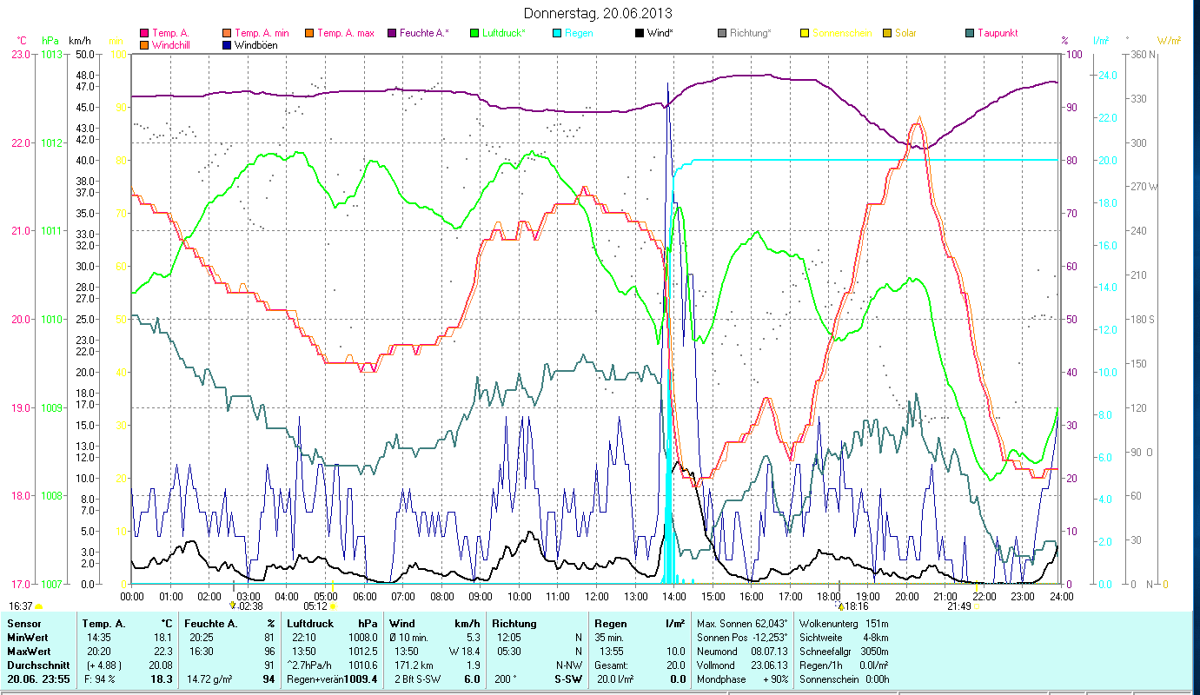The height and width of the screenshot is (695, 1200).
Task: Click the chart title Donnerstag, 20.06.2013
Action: pyautogui.click(x=599, y=13)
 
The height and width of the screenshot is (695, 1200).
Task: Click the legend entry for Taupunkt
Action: pyautogui.click(x=997, y=33)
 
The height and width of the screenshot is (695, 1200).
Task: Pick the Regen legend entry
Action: pyautogui.click(x=579, y=33)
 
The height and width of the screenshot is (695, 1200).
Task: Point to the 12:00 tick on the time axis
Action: pyautogui.click(x=597, y=597)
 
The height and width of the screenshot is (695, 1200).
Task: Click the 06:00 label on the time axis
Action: pyautogui.click(x=364, y=597)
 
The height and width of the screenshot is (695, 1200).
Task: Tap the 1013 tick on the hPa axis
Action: pyautogui.click(x=51, y=54)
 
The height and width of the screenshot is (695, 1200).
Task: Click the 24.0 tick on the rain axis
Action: pyautogui.click(x=1105, y=76)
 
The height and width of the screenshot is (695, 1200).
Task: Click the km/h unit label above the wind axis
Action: pyautogui.click(x=79, y=41)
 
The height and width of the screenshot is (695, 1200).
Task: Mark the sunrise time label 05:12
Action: pyautogui.click(x=315, y=606)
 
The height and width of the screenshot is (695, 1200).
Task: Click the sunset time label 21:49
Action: pyautogui.click(x=958, y=606)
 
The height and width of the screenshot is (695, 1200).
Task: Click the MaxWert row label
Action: pyautogui.click(x=29, y=652)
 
